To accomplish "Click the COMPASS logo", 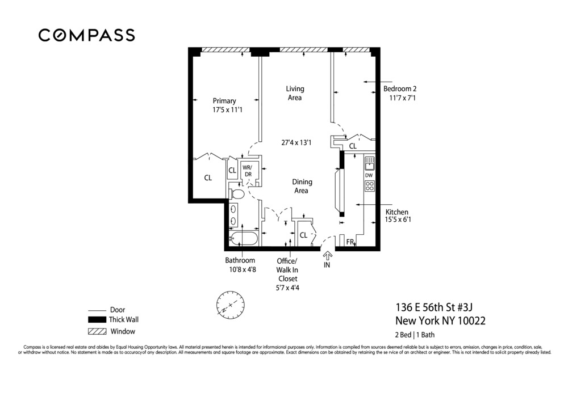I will (86, 35).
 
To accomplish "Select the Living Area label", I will (294, 93).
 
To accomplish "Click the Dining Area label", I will (301, 186).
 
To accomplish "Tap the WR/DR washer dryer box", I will (248, 171).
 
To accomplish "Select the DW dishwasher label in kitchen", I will (369, 175).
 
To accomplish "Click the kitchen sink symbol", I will (369, 164).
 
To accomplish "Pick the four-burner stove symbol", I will (369, 185).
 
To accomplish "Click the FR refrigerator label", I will (350, 242).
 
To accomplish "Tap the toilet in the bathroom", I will (237, 195).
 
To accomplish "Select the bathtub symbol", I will (243, 238).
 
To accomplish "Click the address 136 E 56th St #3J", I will (434, 307).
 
